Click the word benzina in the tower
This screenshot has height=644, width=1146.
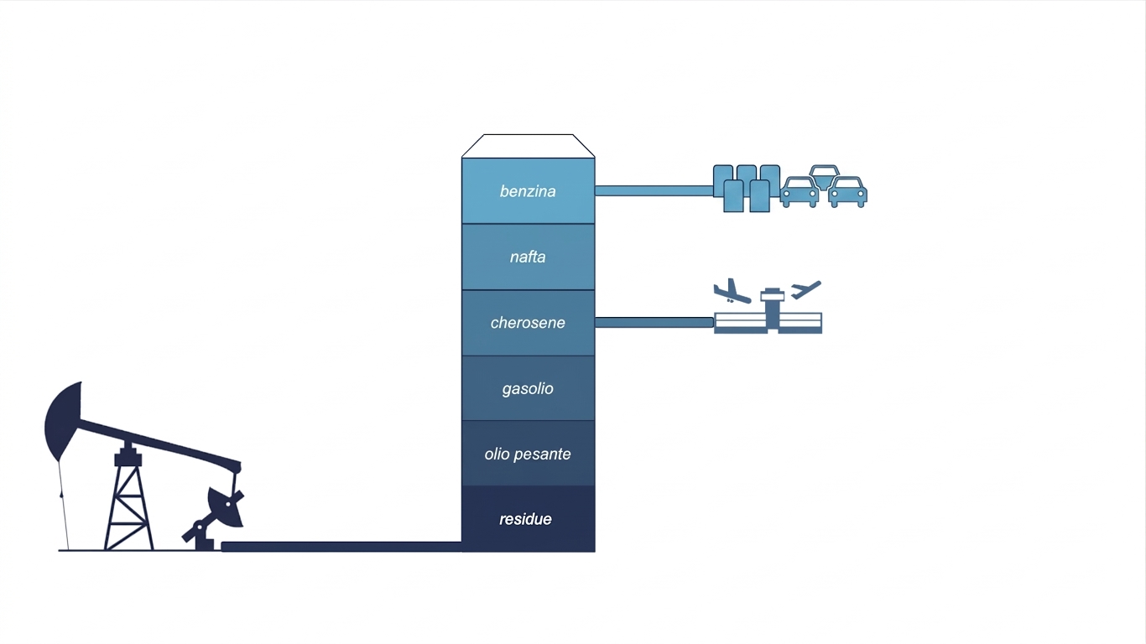click(x=528, y=191)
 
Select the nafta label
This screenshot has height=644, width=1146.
click(x=528, y=257)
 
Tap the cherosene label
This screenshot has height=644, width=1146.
click(x=528, y=323)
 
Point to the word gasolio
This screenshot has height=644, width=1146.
click(x=528, y=389)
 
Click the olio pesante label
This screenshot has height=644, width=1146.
click(x=528, y=454)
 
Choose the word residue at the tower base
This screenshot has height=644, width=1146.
click(x=525, y=519)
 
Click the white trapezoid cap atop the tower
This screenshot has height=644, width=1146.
click(x=528, y=146)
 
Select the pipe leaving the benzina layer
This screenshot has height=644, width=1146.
click(x=654, y=191)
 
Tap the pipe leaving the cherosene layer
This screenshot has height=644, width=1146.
click(x=654, y=322)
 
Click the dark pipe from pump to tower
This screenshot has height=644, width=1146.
click(x=341, y=547)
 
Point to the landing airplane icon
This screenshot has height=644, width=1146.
click(x=732, y=292)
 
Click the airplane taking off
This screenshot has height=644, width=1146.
click(x=805, y=289)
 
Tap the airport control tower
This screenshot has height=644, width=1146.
click(x=772, y=309)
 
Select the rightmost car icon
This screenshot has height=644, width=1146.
click(x=847, y=192)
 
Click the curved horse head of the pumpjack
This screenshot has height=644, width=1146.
click(x=64, y=420)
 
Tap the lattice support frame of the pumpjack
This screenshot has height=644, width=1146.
click(x=128, y=499)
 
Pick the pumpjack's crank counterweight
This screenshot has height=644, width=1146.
click(x=226, y=507)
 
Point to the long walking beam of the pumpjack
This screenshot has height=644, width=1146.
click(x=159, y=444)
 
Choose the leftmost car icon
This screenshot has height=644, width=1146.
click(x=800, y=192)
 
